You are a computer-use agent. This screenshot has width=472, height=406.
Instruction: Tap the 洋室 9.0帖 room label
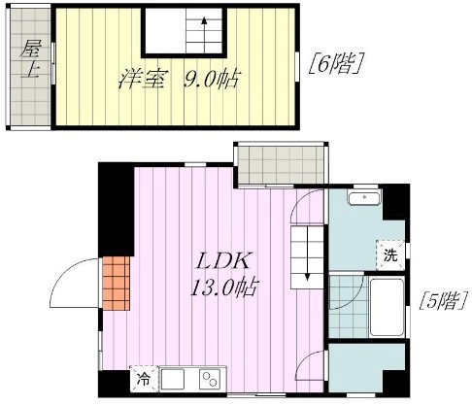click(179, 80)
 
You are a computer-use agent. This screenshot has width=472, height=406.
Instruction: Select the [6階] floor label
click(334, 63)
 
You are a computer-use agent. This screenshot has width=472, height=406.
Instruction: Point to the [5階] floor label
click(443, 300)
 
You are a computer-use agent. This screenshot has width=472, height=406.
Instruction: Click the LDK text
click(223, 261)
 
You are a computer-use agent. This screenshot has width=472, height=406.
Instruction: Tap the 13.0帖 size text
click(224, 288)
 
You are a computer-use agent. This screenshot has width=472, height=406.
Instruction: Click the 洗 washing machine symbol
click(390, 255)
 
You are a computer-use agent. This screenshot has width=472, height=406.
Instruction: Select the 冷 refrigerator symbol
click(144, 379)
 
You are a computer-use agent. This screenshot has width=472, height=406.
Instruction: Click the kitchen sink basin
click(173, 379)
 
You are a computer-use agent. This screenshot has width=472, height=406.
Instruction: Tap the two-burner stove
click(210, 379)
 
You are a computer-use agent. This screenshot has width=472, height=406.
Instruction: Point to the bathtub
click(388, 307)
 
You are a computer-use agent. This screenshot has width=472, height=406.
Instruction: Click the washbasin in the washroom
click(364, 198)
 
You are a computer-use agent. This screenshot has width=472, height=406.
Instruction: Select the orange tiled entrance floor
click(117, 284)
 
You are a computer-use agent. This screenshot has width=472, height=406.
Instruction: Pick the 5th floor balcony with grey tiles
click(281, 165)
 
